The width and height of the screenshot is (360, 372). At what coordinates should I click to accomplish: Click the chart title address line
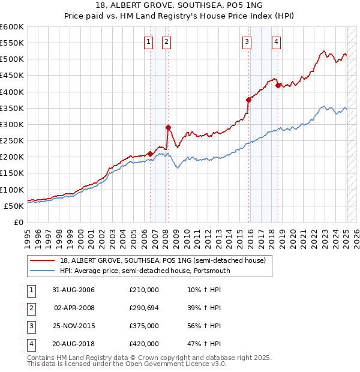point(179,5)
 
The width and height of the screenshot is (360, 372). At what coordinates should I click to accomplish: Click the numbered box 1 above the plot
point(148,41)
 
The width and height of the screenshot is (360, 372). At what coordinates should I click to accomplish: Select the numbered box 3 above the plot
point(247,41)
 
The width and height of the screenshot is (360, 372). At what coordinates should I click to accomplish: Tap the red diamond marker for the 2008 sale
point(169,127)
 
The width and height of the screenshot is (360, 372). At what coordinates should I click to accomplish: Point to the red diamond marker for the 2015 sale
point(249,100)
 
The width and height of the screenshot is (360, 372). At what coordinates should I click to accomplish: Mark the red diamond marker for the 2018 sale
point(278,85)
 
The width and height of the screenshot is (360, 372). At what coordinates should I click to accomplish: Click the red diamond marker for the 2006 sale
point(150,154)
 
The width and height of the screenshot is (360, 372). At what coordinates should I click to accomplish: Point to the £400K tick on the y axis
point(12,92)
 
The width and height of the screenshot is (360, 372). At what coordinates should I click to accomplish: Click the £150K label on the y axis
point(12,173)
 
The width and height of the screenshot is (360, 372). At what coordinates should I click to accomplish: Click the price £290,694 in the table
point(144,307)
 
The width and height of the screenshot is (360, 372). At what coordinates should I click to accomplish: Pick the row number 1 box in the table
point(30,290)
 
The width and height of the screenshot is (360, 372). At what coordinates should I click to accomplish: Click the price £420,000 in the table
point(144,344)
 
